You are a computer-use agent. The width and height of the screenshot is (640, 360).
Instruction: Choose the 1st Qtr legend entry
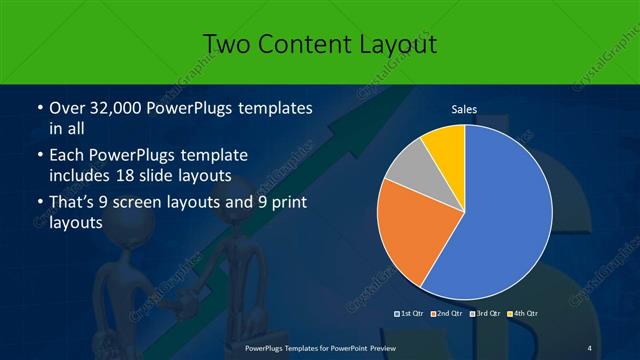click(x=412, y=314)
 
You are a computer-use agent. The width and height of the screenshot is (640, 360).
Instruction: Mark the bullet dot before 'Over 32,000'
click(x=39, y=108)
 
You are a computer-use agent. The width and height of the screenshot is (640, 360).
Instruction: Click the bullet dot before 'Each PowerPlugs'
click(x=39, y=157)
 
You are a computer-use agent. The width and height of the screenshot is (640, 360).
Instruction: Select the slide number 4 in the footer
click(x=589, y=347)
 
